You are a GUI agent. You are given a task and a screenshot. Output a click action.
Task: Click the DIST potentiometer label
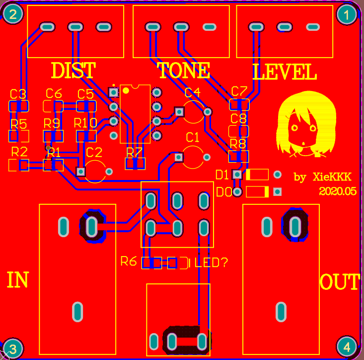coord(73,71)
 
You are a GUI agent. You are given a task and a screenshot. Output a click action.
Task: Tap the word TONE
coord(184,71)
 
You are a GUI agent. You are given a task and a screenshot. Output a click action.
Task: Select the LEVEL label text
coord(285,73)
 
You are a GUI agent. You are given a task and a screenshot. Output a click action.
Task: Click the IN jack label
coord(17,280)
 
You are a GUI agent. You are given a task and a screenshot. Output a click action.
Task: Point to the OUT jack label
coord(340,282)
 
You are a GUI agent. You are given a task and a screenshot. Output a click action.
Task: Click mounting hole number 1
coord(347,15)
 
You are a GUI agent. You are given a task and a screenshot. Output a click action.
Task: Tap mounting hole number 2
coord(12,15)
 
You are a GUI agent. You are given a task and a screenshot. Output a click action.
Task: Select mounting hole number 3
coord(12,348)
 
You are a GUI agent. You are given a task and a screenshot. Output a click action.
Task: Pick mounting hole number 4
coord(347,347)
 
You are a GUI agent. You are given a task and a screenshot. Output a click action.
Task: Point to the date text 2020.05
coord(338,191)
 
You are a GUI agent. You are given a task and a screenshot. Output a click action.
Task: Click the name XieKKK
coord(332,177)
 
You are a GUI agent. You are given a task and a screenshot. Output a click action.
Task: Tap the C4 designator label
coord(192,93)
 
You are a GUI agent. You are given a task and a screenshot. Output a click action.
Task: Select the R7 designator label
coord(134,152)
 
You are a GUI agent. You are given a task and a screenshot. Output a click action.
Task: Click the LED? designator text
coord(211,262)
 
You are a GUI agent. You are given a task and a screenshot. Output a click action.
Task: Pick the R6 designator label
coord(129,261)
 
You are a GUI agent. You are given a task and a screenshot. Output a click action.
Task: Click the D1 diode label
coord(222,175)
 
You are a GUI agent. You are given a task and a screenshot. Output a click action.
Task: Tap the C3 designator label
coord(18,94)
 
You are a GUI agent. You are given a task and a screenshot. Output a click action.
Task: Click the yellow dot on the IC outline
coord(126,90)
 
